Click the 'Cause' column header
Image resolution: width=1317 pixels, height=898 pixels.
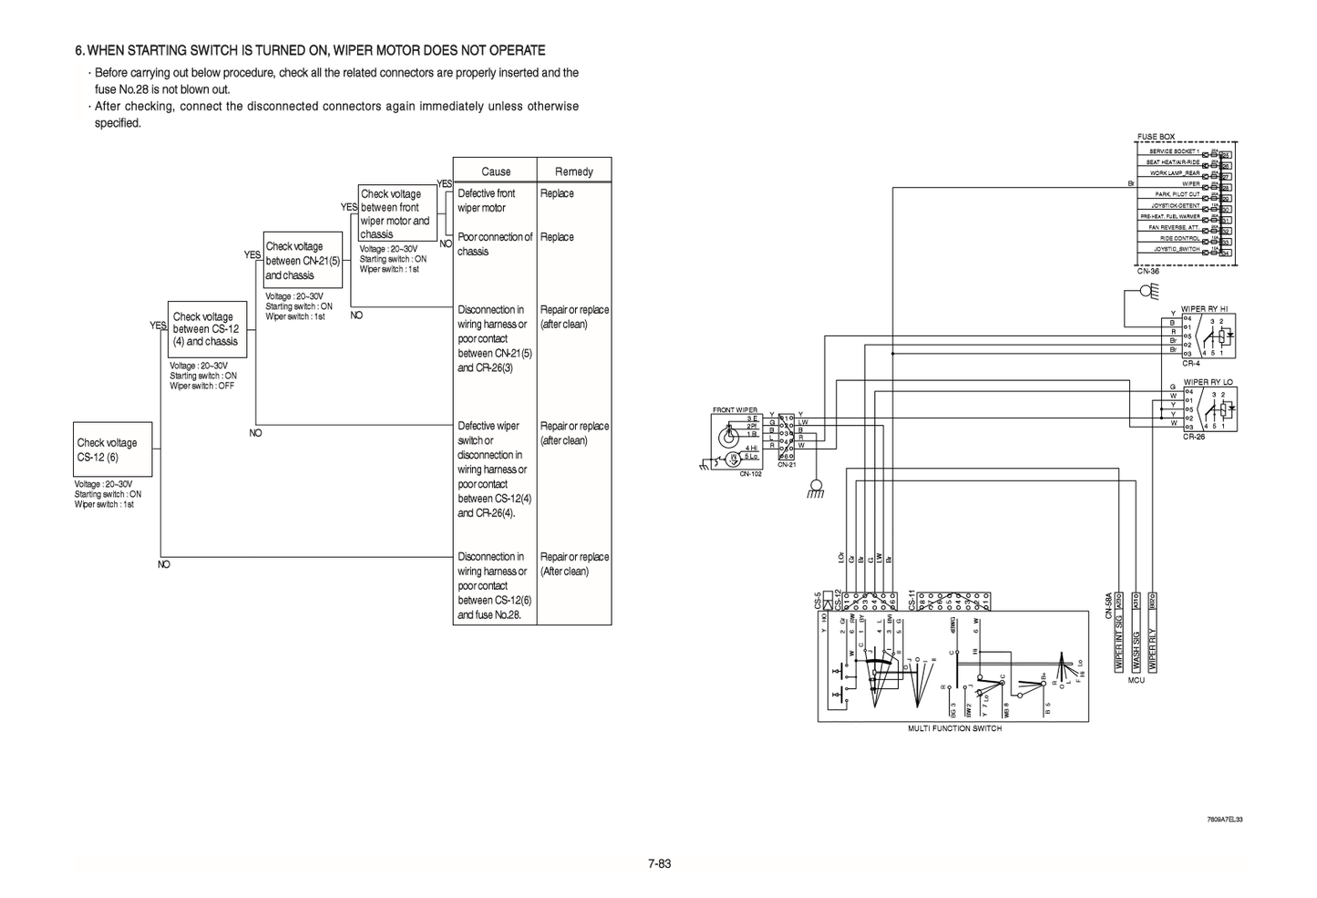496,171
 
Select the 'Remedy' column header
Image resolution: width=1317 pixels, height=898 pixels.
573,171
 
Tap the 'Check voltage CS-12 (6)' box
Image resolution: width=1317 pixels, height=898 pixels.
112,449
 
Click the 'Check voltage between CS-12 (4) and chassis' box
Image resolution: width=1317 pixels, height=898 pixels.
207,329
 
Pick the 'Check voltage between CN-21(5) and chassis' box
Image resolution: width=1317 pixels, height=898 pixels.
303,261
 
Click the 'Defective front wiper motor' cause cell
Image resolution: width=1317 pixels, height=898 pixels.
487,201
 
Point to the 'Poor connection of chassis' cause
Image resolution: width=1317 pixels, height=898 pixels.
494,243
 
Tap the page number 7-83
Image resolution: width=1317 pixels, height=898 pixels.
659,863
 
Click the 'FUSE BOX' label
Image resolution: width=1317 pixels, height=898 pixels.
1156,137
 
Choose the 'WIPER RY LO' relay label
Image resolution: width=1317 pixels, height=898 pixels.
1208,382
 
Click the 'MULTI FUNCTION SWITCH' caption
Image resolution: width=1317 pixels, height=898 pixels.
954,728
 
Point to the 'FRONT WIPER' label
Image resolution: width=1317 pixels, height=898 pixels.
735,410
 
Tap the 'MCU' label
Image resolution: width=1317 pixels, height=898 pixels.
1136,680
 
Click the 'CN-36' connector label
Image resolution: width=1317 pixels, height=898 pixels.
1147,271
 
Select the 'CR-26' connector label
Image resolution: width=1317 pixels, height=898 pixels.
1194,437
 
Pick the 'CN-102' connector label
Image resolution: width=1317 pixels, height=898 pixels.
750,474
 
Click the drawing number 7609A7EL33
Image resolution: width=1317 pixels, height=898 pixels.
1224,820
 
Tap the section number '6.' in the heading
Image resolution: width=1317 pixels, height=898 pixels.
80,50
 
